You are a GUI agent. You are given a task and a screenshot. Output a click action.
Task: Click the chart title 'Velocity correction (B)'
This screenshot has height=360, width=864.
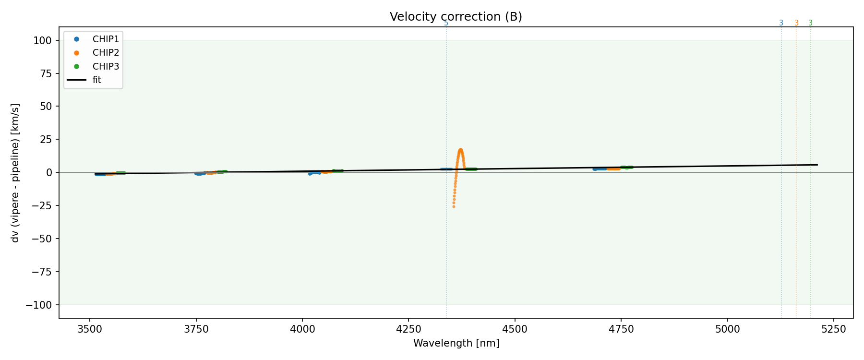click(456, 17)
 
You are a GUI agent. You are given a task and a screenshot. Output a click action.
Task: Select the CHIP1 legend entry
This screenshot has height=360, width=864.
click(106, 39)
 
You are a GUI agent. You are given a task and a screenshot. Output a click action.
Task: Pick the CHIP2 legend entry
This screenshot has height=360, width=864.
click(106, 53)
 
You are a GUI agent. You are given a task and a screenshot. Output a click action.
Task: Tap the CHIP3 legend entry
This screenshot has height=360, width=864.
click(106, 67)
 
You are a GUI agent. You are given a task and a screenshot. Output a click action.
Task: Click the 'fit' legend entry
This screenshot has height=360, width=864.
click(96, 80)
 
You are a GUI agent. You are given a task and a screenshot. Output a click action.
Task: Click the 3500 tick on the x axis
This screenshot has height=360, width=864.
click(89, 329)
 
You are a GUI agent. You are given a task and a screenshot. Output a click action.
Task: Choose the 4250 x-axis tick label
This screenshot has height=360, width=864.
click(408, 329)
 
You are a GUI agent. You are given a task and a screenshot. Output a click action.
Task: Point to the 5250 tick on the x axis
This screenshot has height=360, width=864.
click(833, 329)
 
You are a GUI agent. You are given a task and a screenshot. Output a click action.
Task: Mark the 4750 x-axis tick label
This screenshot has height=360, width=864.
click(621, 329)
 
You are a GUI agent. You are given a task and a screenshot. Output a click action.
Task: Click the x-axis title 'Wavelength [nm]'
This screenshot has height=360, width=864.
click(456, 343)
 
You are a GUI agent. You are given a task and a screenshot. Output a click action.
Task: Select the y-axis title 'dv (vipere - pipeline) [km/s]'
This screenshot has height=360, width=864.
click(15, 173)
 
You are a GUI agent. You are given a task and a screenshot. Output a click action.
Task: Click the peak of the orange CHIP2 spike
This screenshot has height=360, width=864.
click(460, 150)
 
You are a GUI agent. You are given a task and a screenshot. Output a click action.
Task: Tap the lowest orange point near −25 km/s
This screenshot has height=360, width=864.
click(454, 206)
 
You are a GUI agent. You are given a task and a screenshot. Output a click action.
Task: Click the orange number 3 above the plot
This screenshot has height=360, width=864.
click(796, 23)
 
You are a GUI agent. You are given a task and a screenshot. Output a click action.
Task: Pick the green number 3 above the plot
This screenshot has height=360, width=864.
click(811, 23)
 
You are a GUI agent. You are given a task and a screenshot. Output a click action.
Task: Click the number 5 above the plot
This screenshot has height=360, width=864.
click(446, 23)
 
